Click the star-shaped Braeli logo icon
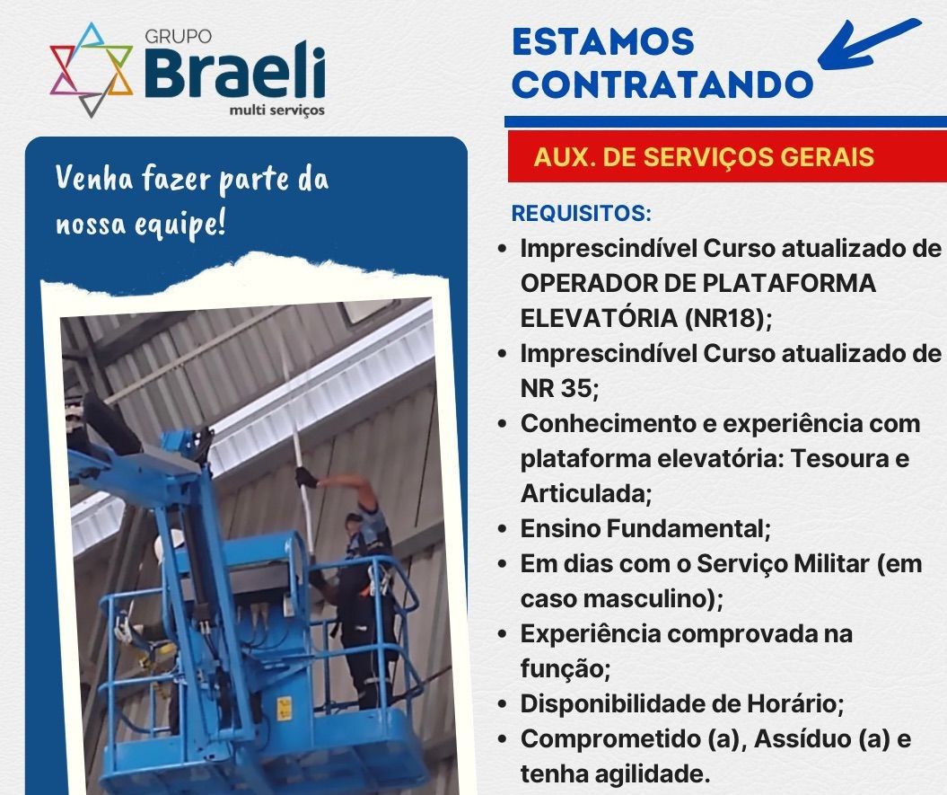tap(92, 69)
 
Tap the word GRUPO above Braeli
tap(178, 37)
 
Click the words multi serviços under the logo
tap(277, 110)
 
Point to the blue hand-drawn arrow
tap(869, 44)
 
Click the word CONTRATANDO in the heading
tap(663, 84)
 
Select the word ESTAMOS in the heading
tap(603, 41)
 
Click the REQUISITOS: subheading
tap(581, 214)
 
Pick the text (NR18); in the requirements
tap(729, 318)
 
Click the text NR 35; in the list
tap(559, 388)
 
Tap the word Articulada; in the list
tap(586, 493)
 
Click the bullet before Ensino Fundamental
tap(503, 529)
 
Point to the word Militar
tap(831, 563)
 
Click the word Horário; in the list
tap(795, 703)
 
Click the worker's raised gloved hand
tap(307, 478)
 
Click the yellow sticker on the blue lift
tap(284, 709)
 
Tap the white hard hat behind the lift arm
tap(168, 546)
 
